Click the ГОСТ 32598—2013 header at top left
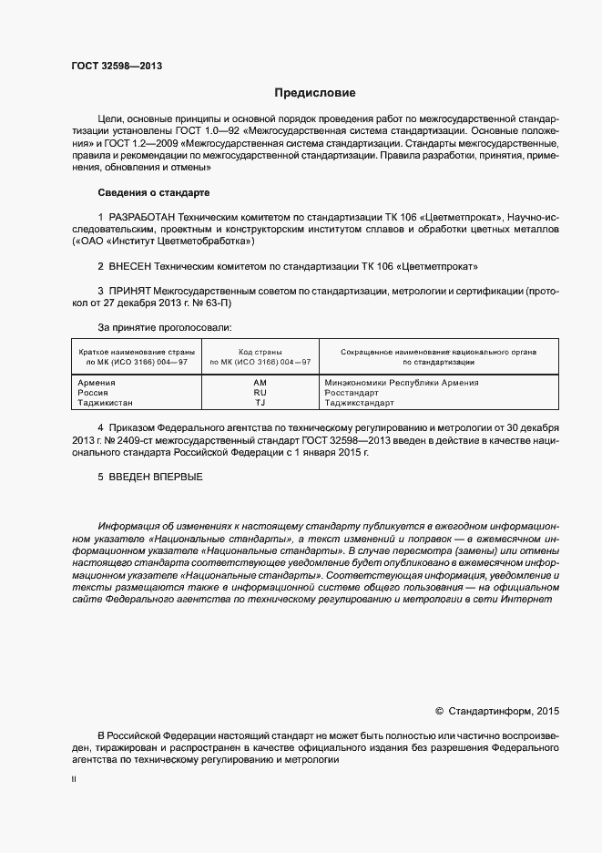tap(117, 67)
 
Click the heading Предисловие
tap(315, 93)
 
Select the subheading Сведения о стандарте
tap(153, 193)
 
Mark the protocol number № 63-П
tap(215, 303)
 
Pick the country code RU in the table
tap(260, 393)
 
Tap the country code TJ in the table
tap(260, 403)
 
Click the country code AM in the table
tap(260, 383)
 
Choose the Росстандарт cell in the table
tap(352, 393)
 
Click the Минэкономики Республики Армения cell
tap(401, 383)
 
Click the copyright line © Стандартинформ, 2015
tap(497, 711)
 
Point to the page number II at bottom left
tap(74, 781)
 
